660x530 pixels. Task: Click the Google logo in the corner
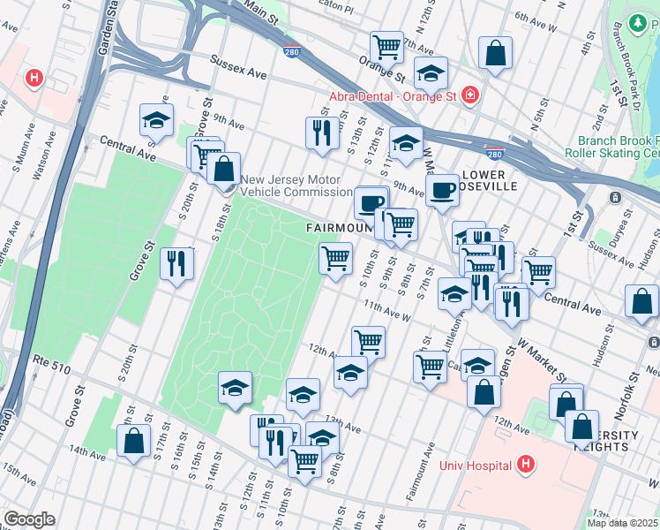(30, 519)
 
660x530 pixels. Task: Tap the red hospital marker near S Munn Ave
(34, 78)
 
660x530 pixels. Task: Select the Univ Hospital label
(476, 466)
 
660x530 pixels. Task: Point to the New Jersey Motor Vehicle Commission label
(296, 185)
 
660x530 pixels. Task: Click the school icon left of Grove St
(156, 121)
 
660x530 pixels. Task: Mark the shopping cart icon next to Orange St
(386, 46)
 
